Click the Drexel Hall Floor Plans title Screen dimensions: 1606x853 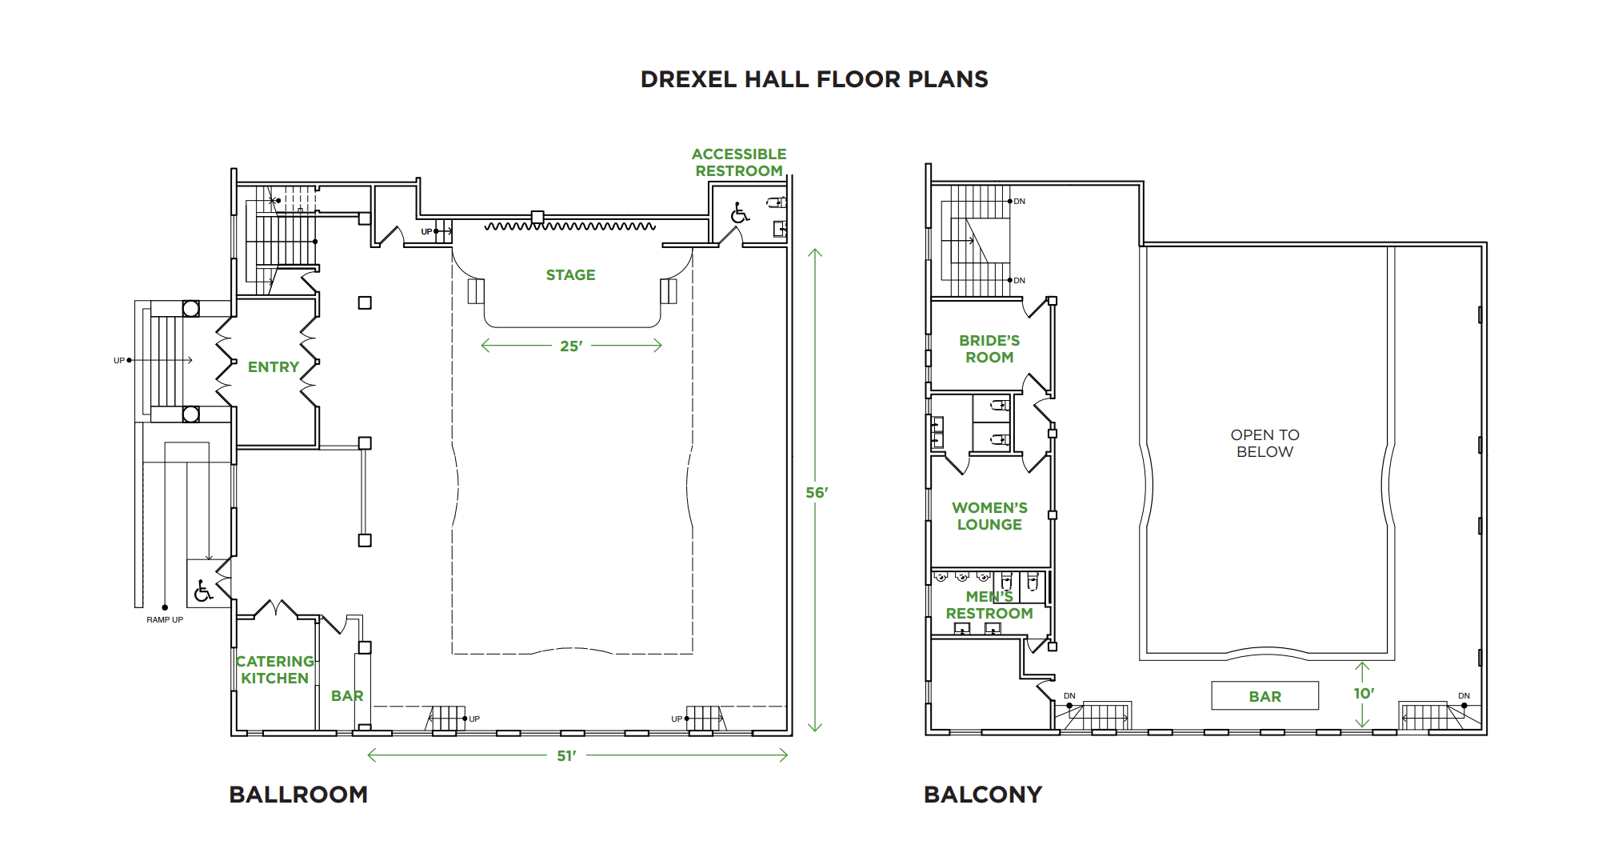814,79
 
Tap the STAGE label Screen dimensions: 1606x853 570,274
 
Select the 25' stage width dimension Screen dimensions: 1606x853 571,346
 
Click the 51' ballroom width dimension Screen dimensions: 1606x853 566,755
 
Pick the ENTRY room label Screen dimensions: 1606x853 273,366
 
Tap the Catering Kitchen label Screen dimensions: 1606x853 274,670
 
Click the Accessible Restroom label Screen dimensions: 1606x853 739,162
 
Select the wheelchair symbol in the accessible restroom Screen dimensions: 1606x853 740,213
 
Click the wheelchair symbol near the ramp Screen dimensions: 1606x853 203,591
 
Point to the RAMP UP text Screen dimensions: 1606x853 165,619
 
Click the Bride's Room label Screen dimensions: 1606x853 989,349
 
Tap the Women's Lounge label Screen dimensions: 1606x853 989,516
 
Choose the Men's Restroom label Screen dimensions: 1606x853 989,605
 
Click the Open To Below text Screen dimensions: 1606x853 1264,443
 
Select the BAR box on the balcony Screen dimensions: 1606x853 1264,696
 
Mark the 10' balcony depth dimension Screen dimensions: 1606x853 1363,694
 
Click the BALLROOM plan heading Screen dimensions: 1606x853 298,795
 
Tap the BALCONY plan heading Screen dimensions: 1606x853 983,795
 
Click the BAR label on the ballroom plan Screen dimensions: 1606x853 347,696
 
